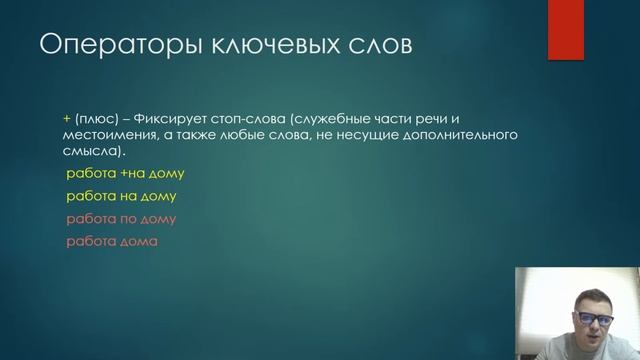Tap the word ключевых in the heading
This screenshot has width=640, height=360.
point(250,46)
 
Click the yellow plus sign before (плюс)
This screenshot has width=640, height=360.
point(66,116)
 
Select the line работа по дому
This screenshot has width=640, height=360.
point(120,219)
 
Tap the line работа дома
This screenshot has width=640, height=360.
point(112,242)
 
